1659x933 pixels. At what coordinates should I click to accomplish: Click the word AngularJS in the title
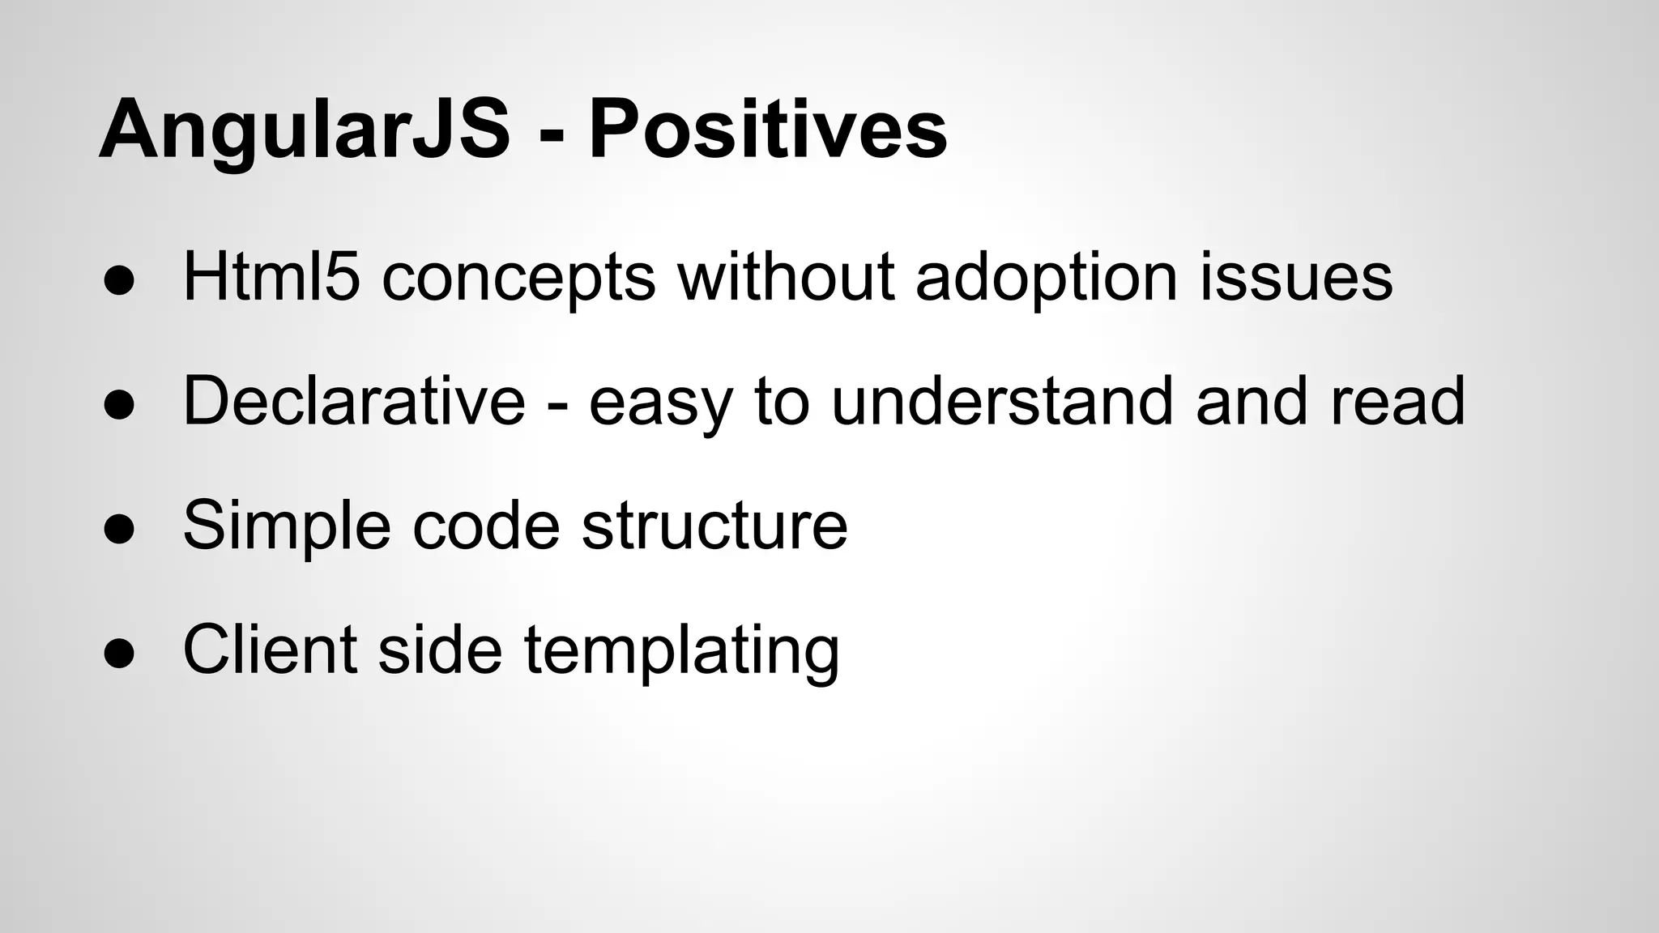click(304, 130)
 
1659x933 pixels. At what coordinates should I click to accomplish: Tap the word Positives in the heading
click(766, 130)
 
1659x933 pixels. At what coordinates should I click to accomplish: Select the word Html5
click(271, 276)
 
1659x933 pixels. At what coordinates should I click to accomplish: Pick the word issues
click(1296, 278)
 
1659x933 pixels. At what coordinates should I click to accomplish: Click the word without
click(786, 276)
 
